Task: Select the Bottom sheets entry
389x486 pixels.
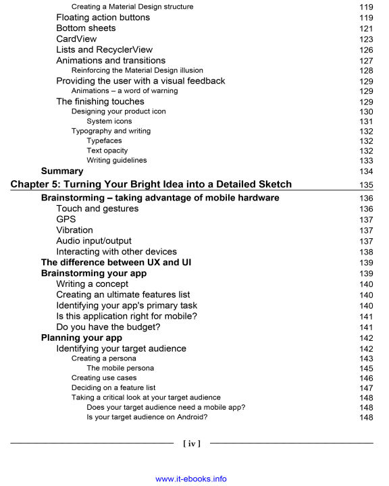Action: [x=86, y=28]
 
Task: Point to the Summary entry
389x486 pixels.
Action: [x=62, y=171]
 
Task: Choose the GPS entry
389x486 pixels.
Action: [x=66, y=219]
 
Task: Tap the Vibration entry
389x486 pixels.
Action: [x=75, y=230]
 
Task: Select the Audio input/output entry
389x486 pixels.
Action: [x=94, y=241]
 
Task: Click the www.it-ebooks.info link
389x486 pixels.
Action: [x=191, y=479]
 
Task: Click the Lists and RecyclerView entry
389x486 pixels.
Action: [x=104, y=50]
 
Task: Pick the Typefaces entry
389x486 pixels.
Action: [x=105, y=140]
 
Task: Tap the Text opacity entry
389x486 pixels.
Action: [x=107, y=151]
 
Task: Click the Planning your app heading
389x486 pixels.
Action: [x=81, y=337]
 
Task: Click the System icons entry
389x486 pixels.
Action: [x=109, y=122]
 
